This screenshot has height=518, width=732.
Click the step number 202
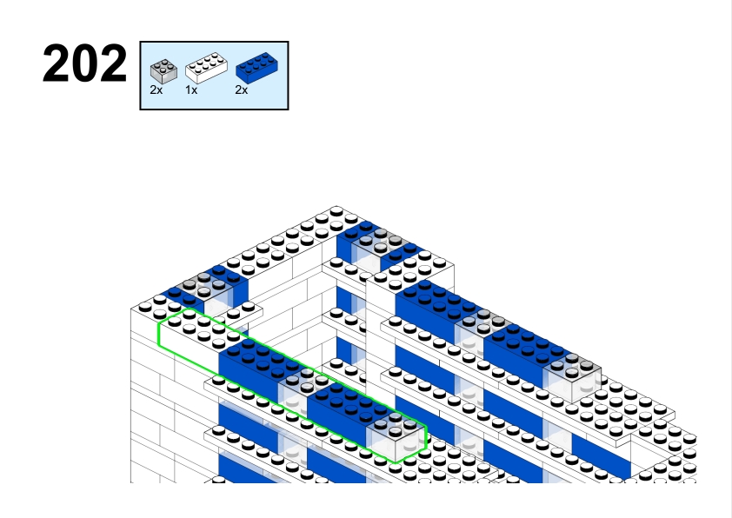[x=84, y=63]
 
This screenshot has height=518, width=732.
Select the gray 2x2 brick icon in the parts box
[x=163, y=71]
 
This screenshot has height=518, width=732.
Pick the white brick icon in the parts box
[x=206, y=68]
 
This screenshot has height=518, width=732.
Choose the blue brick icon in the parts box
[x=256, y=68]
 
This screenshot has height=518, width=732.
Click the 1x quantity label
[x=191, y=90]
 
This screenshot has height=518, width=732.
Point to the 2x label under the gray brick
[x=156, y=90]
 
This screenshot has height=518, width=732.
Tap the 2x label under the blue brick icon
[x=242, y=90]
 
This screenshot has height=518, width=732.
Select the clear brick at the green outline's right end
[x=396, y=435]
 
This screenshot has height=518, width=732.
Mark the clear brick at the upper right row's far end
[x=572, y=377]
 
